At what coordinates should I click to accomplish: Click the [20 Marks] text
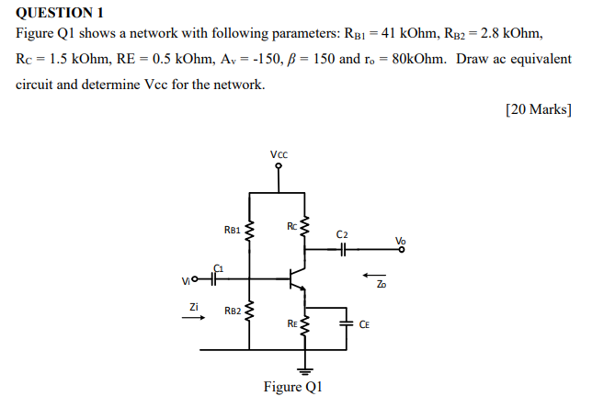coord(539,108)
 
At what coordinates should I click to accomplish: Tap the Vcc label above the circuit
coord(279,154)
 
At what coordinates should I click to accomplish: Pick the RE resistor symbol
coord(305,323)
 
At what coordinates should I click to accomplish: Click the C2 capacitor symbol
coord(342,248)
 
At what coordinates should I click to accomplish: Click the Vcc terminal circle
coord(279,166)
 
